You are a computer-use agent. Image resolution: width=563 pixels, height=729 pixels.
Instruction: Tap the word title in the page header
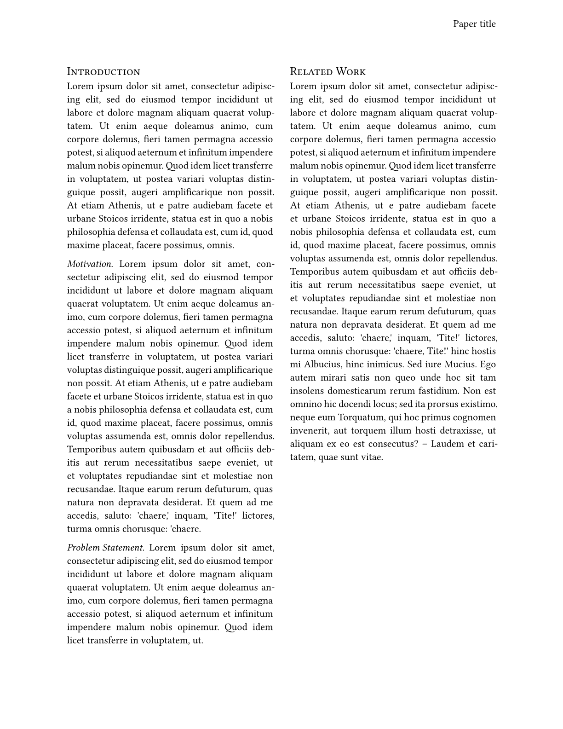[x=487, y=24]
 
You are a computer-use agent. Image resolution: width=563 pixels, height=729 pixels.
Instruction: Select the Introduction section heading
[x=103, y=72]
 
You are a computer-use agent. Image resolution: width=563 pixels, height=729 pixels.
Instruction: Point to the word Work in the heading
[x=350, y=72]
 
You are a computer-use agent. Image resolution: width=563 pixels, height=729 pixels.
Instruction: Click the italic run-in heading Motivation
[x=90, y=264]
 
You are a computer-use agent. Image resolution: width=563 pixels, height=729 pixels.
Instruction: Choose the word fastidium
[x=438, y=391]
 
